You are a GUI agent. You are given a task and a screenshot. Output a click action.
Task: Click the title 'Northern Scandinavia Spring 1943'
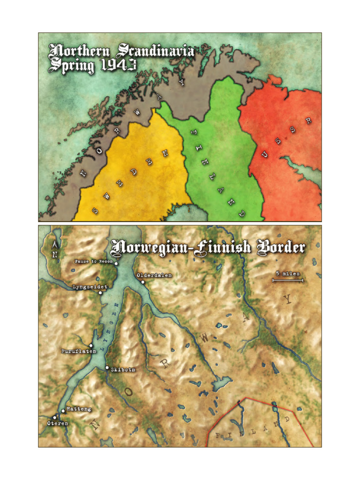click(x=121, y=58)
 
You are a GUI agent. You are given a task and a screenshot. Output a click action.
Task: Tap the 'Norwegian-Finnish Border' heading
click(x=208, y=247)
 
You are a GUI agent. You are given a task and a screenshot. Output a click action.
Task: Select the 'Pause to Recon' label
click(x=94, y=261)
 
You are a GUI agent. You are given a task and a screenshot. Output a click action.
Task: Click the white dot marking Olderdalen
click(x=143, y=282)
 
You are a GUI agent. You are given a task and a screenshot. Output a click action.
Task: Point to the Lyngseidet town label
click(x=90, y=286)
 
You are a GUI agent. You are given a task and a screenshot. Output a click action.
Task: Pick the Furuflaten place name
click(x=79, y=351)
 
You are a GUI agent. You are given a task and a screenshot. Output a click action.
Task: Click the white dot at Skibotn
click(x=107, y=367)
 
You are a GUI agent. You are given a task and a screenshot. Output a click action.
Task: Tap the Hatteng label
click(x=79, y=409)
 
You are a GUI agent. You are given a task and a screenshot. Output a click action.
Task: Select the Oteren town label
click(x=58, y=423)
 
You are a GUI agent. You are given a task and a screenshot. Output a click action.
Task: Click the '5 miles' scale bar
click(x=288, y=280)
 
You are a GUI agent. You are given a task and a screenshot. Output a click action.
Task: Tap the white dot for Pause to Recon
click(x=116, y=264)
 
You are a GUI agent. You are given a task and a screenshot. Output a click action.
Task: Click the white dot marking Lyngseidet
click(x=100, y=293)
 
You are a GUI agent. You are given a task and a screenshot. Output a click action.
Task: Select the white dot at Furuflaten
click(x=91, y=346)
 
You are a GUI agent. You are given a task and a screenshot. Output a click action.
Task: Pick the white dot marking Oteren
click(x=54, y=417)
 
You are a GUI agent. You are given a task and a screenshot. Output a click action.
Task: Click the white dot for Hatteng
click(x=63, y=411)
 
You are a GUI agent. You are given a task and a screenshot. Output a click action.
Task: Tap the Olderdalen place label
click(x=154, y=276)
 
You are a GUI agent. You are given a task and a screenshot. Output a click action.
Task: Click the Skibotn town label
click(x=123, y=369)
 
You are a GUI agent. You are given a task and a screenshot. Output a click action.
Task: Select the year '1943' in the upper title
click(x=119, y=65)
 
